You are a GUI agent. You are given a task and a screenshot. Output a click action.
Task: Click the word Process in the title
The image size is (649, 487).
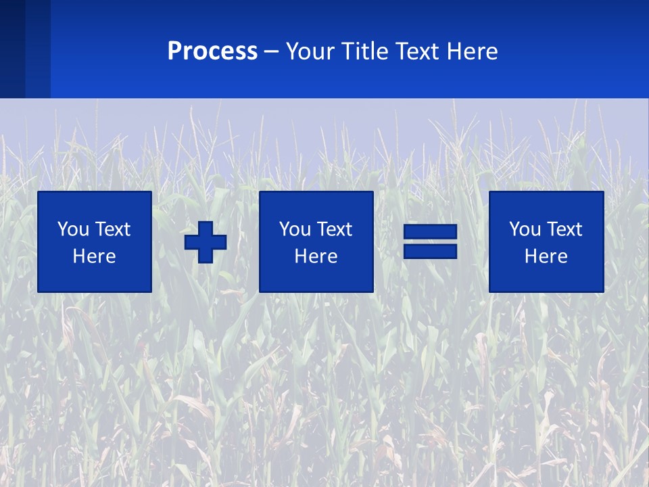point(212,51)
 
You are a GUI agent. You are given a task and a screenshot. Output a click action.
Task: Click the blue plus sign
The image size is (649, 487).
point(206,241)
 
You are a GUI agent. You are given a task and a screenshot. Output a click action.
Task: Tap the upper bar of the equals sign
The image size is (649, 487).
point(430,232)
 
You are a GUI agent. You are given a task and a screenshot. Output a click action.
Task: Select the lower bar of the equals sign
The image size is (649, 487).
point(430,251)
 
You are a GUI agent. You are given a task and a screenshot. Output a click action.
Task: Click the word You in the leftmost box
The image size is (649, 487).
point(73,229)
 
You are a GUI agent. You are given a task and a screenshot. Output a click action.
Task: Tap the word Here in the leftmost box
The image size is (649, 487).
point(94,256)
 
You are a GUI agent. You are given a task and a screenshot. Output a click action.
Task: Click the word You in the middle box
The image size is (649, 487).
point(295,229)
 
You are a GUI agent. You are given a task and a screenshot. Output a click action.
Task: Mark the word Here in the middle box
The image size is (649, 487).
point(316,256)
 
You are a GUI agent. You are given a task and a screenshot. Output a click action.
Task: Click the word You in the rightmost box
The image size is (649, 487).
point(525,229)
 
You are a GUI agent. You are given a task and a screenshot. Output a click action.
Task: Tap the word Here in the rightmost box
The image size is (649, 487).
point(546,256)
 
